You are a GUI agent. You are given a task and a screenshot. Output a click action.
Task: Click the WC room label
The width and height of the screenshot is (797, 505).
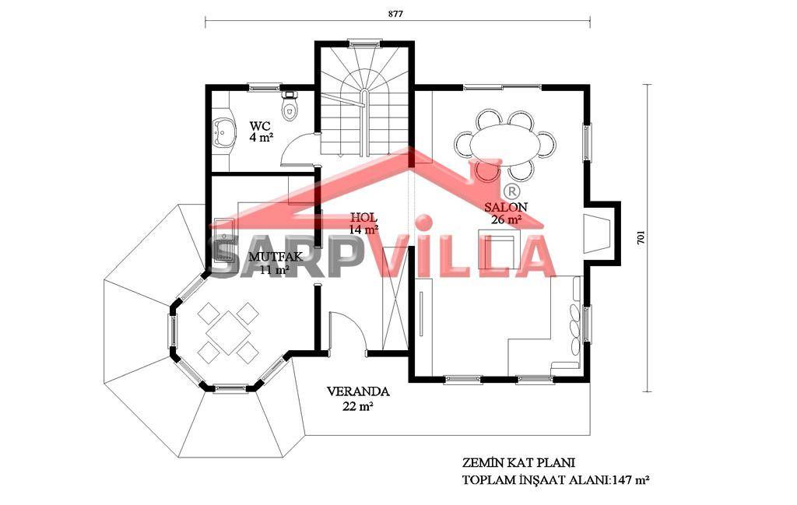(x=260, y=125)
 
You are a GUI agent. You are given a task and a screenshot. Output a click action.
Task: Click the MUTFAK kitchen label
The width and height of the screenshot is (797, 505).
(x=275, y=257)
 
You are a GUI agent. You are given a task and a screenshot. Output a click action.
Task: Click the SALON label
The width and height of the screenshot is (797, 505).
(x=506, y=207)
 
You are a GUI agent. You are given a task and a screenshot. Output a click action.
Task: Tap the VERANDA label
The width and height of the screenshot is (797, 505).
(x=358, y=391)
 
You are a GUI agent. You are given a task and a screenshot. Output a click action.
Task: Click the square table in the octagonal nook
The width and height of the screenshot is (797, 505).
(x=228, y=333)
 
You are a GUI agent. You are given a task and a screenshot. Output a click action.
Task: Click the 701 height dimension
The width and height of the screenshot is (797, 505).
(x=641, y=237)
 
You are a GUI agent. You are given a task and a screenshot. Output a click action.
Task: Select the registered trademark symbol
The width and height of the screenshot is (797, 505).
(x=512, y=191)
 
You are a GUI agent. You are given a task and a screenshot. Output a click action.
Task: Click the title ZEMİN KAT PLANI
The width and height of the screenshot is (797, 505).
(x=518, y=463)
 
